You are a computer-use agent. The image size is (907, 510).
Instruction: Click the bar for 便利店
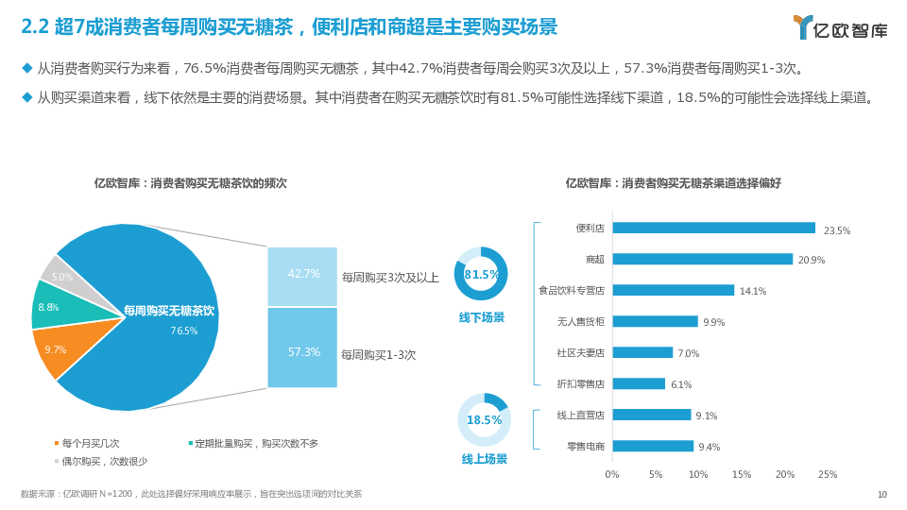tap(713, 228)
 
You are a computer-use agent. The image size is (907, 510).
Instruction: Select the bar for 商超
tap(702, 259)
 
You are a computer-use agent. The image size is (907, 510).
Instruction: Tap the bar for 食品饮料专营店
tap(673, 290)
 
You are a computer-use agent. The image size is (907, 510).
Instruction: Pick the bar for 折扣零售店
tap(639, 383)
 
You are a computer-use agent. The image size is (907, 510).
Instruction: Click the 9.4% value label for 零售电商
tap(709, 447)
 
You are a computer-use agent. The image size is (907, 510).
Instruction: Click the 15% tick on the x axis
tap(742, 474)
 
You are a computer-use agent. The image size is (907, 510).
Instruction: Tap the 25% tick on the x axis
tap(828, 474)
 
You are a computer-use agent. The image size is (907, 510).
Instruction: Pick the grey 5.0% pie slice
tap(62, 274)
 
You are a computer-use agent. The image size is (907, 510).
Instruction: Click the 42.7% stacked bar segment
tap(302, 276)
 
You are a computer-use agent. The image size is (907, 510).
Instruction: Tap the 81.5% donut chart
tap(482, 274)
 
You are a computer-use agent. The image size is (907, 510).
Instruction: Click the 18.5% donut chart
tap(484, 419)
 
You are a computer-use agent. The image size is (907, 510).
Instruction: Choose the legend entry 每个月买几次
tap(90, 443)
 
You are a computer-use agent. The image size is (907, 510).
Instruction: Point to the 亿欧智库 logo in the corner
tap(840, 27)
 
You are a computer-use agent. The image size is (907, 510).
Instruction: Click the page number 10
tap(882, 494)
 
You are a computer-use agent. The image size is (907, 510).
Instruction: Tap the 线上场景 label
tap(484, 459)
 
